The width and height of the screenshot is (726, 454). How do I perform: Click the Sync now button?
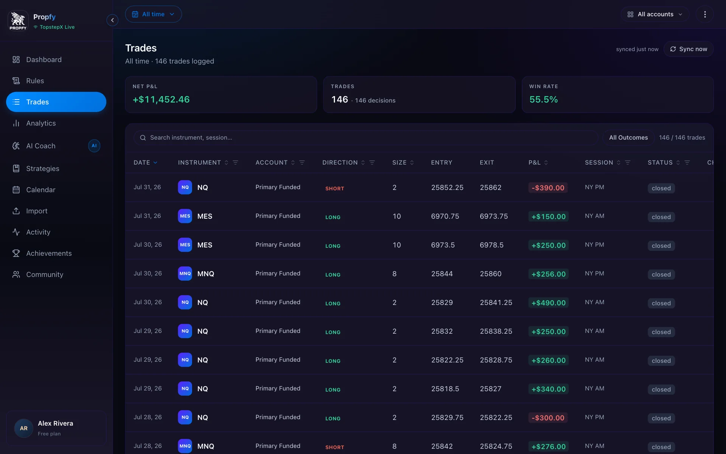(689, 49)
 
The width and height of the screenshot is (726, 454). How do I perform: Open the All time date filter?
(153, 14)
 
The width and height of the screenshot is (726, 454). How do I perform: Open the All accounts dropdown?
(655, 14)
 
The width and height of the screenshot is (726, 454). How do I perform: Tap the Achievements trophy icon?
(16, 253)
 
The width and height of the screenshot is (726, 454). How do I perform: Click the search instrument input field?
(366, 138)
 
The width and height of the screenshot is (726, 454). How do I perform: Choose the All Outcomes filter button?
(628, 138)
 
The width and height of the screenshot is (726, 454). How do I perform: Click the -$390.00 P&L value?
(548, 188)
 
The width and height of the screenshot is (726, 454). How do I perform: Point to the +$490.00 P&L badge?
(549, 303)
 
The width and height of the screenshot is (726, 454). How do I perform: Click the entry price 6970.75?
(445, 216)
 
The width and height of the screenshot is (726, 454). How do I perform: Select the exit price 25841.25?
(496, 303)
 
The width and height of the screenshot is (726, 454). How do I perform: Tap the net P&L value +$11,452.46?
(161, 100)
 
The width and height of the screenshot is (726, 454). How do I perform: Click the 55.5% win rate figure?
(543, 100)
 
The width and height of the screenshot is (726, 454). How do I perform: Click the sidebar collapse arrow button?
(112, 20)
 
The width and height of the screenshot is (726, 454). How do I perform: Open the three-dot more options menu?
(705, 14)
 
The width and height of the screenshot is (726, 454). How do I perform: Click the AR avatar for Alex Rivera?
(24, 428)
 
